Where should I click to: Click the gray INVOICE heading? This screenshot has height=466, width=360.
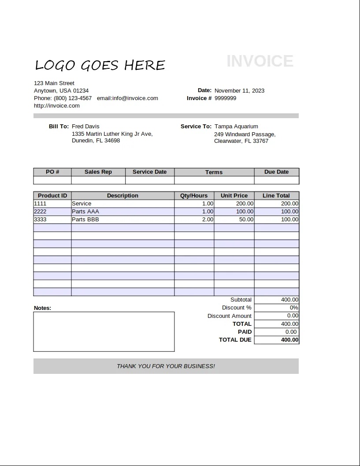[x=260, y=61]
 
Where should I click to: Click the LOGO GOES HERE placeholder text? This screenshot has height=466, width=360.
[x=100, y=65]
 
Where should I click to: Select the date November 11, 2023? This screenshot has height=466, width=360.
[x=239, y=91]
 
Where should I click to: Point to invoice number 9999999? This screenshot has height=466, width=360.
[x=225, y=98]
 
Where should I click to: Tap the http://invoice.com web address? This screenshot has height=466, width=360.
[x=57, y=106]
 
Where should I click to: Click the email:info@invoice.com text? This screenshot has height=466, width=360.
[x=127, y=98]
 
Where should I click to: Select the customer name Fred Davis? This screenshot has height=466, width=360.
[x=85, y=127]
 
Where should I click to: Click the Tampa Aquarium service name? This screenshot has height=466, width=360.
[x=236, y=127]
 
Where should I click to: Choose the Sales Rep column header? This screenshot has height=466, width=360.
[x=98, y=172]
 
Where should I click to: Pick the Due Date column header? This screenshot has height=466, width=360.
[x=276, y=172]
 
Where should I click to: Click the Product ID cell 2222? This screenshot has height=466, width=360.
[x=40, y=212]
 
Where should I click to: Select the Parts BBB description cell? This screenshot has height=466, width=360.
[x=85, y=220]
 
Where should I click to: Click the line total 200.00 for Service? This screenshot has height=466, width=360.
[x=289, y=204]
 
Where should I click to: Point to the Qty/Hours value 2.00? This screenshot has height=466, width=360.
[x=208, y=220]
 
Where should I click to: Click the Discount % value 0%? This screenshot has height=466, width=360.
[x=294, y=308]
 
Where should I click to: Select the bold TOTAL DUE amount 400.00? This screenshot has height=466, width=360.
[x=289, y=340]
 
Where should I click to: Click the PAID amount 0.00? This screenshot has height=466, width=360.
[x=291, y=332]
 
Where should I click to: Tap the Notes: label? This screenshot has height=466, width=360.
[x=42, y=308]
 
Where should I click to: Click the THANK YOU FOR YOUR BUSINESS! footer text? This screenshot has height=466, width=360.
[x=166, y=366]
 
